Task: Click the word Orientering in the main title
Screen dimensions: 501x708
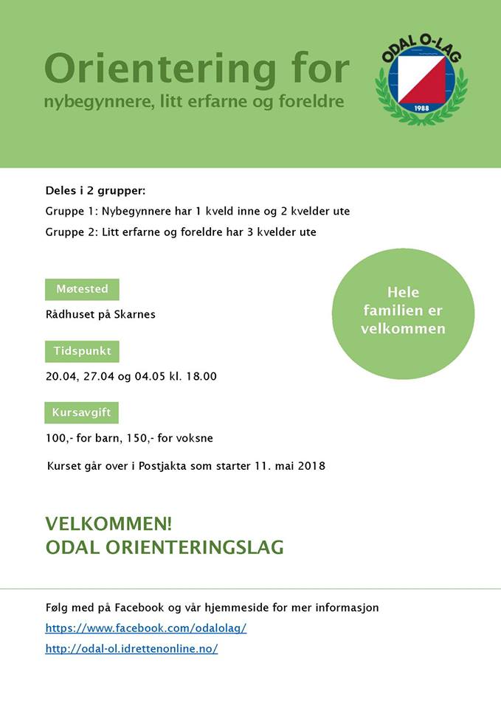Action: point(156,69)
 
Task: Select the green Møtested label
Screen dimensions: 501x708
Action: point(82,289)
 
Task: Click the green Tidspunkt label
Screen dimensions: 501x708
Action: point(82,351)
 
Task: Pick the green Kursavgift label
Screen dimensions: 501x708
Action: point(82,412)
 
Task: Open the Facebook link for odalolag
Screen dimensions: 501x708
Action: point(146,628)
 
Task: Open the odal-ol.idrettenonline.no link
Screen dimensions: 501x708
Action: point(131,649)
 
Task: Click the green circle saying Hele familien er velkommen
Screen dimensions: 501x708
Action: point(403,310)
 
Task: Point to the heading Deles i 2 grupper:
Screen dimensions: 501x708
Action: point(95,190)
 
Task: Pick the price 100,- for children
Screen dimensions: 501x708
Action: point(59,438)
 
